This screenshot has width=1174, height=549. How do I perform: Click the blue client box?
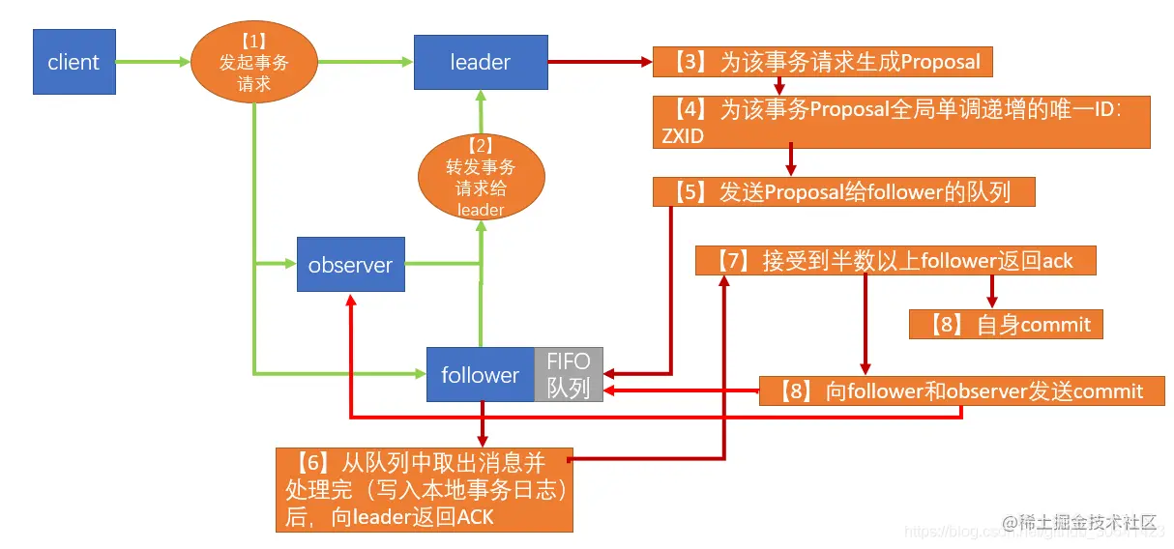[73, 62]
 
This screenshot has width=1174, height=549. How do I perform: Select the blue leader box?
[481, 62]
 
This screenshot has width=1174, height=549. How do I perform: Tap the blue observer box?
[350, 265]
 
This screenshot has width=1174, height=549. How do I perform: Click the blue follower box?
[481, 374]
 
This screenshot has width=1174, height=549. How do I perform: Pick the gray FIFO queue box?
[569, 374]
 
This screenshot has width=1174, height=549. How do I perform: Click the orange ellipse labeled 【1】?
[253, 62]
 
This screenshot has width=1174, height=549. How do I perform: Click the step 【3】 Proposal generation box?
[822, 63]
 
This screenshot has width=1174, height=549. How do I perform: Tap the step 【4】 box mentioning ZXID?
[900, 122]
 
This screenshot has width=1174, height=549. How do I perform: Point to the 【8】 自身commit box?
[1006, 324]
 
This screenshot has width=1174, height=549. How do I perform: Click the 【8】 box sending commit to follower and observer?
[961, 390]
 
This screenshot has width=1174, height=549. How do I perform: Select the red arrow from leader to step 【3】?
[600, 62]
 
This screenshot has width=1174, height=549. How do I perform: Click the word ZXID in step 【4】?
[683, 136]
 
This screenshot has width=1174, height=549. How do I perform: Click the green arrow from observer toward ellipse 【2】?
[443, 261]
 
